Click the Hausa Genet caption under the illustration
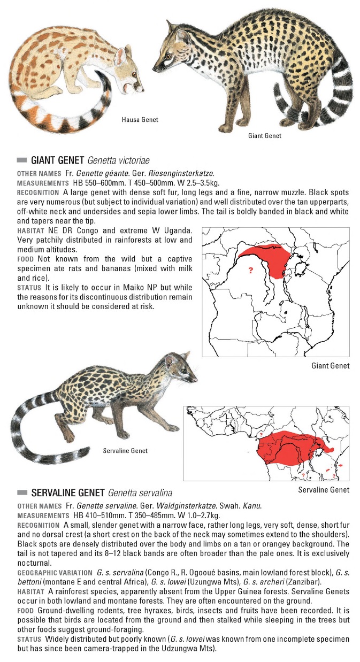[x=140, y=120]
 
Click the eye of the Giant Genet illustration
[x=170, y=55]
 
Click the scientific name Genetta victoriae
[x=119, y=160]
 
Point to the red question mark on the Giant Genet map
[x=250, y=271]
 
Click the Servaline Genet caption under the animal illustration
[x=125, y=451]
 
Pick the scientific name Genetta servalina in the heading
[x=140, y=492]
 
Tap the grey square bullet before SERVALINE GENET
[x=22, y=492]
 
